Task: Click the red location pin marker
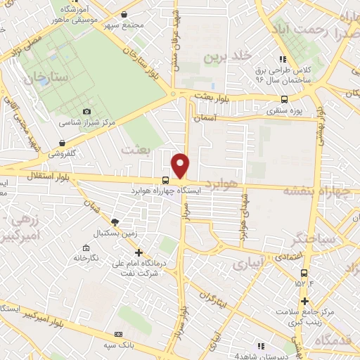click(x=181, y=165)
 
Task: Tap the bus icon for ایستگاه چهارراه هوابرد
click(x=165, y=179)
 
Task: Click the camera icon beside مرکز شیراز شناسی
click(x=86, y=111)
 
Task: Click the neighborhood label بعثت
click(x=136, y=149)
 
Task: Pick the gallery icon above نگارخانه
click(x=86, y=247)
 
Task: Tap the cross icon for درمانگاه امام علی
click(x=139, y=252)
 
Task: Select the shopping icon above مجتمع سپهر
click(x=124, y=14)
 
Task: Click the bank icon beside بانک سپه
click(x=118, y=334)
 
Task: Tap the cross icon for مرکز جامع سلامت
click(x=304, y=302)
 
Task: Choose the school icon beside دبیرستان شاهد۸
click(x=261, y=345)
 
